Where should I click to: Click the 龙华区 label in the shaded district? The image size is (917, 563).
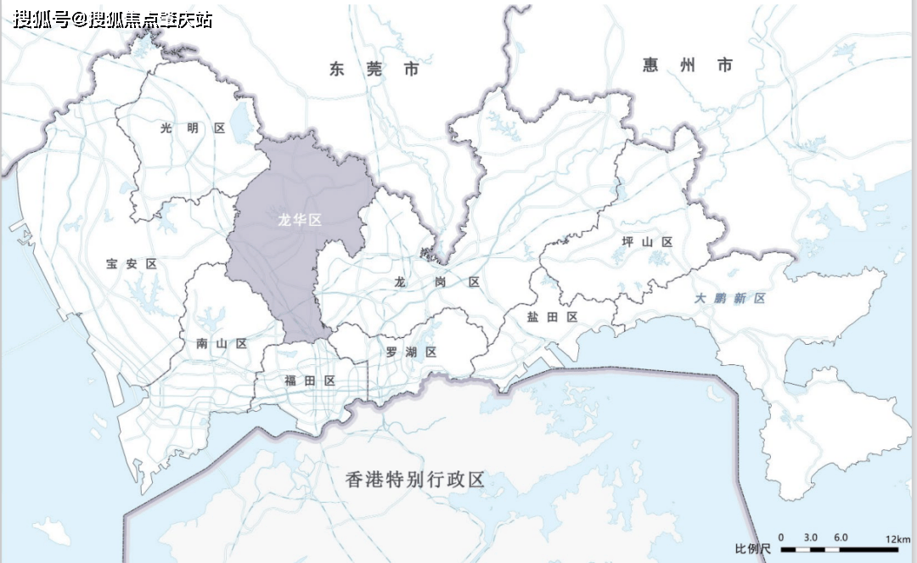[301, 220]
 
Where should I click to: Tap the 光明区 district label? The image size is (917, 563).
[193, 128]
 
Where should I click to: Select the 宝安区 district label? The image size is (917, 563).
[132, 264]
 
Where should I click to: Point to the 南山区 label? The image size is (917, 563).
[221, 344]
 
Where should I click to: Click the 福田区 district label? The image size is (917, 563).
[310, 380]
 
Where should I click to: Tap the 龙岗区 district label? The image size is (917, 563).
[437, 281]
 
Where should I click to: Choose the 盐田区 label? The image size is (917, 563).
[552, 317]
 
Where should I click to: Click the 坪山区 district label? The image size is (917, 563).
[647, 242]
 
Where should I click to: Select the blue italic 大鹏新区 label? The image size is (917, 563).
[729, 298]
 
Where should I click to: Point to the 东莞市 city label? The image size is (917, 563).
[374, 70]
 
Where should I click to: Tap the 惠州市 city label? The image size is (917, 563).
[688, 65]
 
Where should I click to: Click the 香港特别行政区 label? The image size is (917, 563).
[415, 480]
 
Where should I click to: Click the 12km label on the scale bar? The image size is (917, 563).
[897, 538]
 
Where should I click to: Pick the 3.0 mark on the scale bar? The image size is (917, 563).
[810, 538]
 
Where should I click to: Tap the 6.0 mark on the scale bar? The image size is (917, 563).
[841, 538]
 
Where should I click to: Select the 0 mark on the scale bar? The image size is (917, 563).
[781, 538]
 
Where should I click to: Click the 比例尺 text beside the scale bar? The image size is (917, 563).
[752, 549]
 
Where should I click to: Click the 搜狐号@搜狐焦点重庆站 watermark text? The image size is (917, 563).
[112, 20]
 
